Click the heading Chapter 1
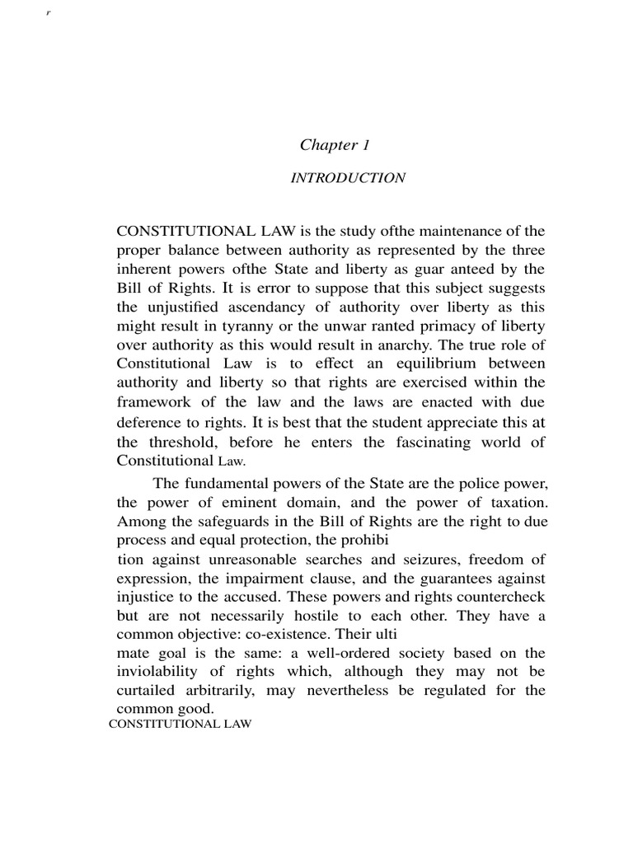coord(335,145)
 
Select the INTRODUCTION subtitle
coord(347,178)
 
